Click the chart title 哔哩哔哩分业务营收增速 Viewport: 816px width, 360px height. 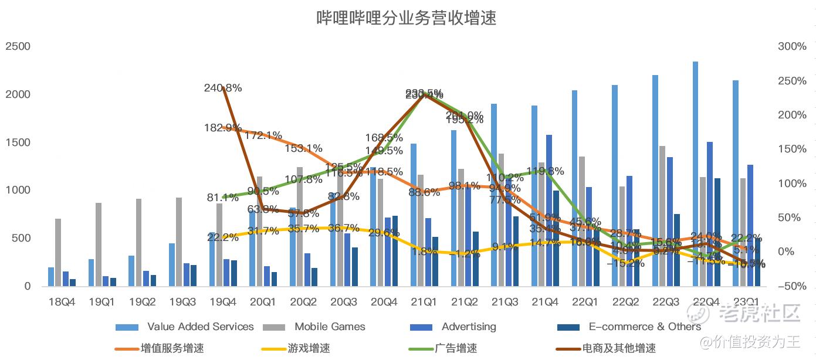tap(407, 18)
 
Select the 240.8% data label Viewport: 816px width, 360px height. tap(223, 88)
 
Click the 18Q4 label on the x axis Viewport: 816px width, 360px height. tap(62, 302)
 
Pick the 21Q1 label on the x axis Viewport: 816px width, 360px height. tap(424, 302)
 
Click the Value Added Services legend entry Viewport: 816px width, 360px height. tap(200, 327)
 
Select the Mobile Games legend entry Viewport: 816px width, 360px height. tap(330, 327)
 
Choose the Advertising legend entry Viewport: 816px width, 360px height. tap(468, 327)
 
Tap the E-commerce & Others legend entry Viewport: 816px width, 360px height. tap(645, 327)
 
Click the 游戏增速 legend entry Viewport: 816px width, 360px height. tap(309, 348)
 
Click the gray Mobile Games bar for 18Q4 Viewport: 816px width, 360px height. tap(58, 252)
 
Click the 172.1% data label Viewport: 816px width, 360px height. tap(263, 135)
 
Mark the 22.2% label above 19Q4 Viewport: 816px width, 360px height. tap(223, 237)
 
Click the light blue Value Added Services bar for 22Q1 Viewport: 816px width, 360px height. tap(574, 188)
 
